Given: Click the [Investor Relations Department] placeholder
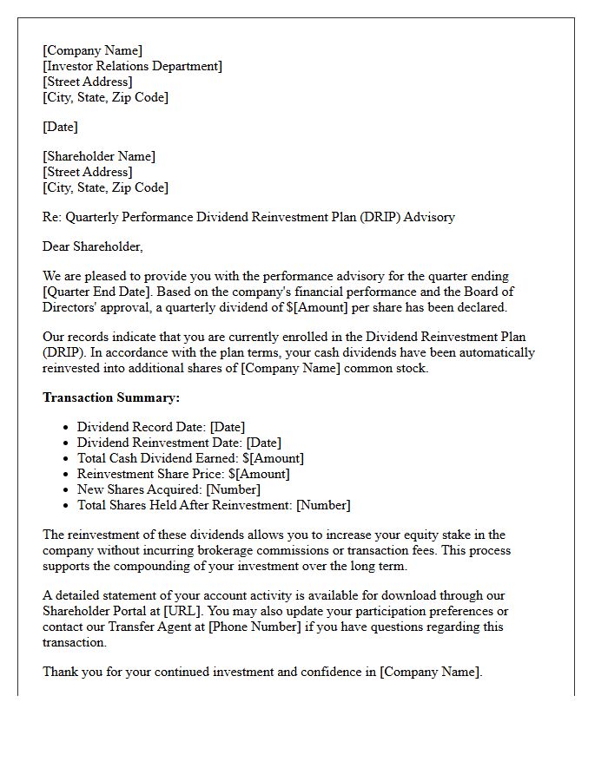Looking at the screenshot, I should pos(132,66).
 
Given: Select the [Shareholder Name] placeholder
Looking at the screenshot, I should pos(99,156).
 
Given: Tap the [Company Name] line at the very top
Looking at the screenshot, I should pos(93,50).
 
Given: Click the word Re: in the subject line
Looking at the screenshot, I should pos(52,217).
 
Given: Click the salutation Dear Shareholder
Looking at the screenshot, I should pos(92,246).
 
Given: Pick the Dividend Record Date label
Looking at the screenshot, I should pos(141,427).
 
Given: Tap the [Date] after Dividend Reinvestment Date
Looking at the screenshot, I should pos(264,443).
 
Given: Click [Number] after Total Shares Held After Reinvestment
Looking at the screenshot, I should pos(323,505).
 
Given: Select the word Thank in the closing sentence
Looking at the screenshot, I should pos(60,672).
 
